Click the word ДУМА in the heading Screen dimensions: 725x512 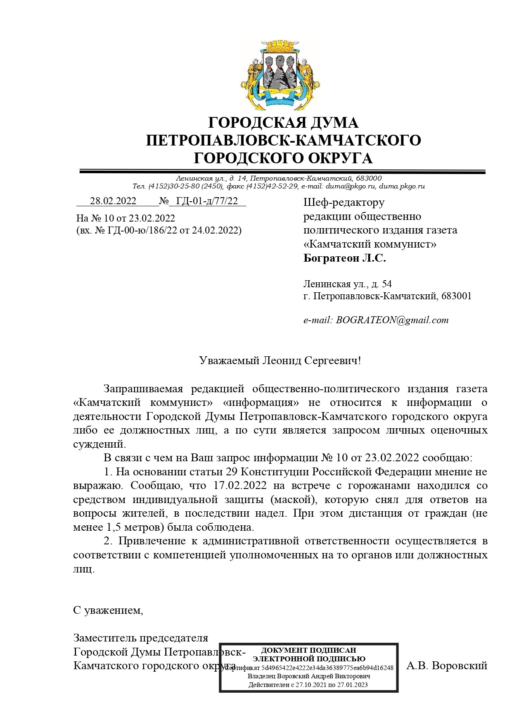coord(333,123)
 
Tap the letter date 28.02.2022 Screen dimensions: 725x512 coord(113,201)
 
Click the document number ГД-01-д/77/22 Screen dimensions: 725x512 coord(207,201)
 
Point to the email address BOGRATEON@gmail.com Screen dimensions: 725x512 coord(392,320)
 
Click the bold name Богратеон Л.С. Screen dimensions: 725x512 coord(345,258)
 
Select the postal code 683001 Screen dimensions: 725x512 coord(456,296)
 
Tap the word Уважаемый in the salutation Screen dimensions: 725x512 coord(229,360)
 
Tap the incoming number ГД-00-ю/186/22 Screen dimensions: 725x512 coord(142,230)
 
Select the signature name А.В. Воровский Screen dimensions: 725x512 coord(447,665)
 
